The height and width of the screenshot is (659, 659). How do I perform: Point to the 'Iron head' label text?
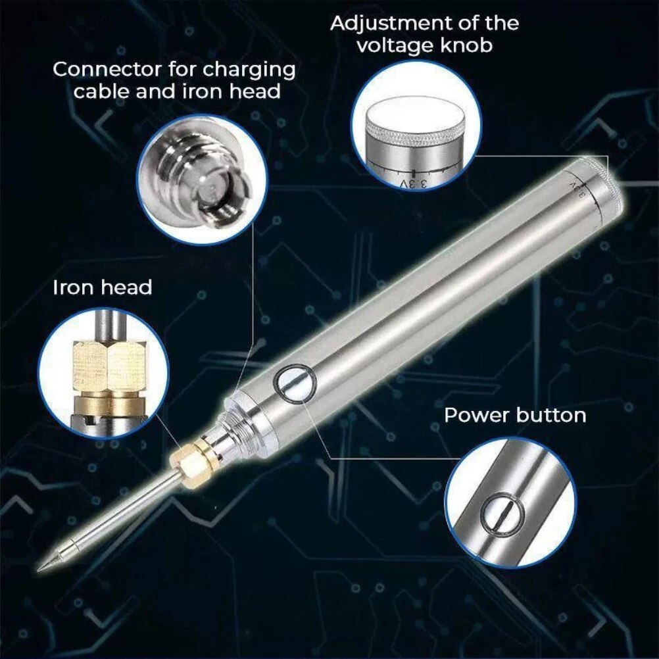102,287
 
